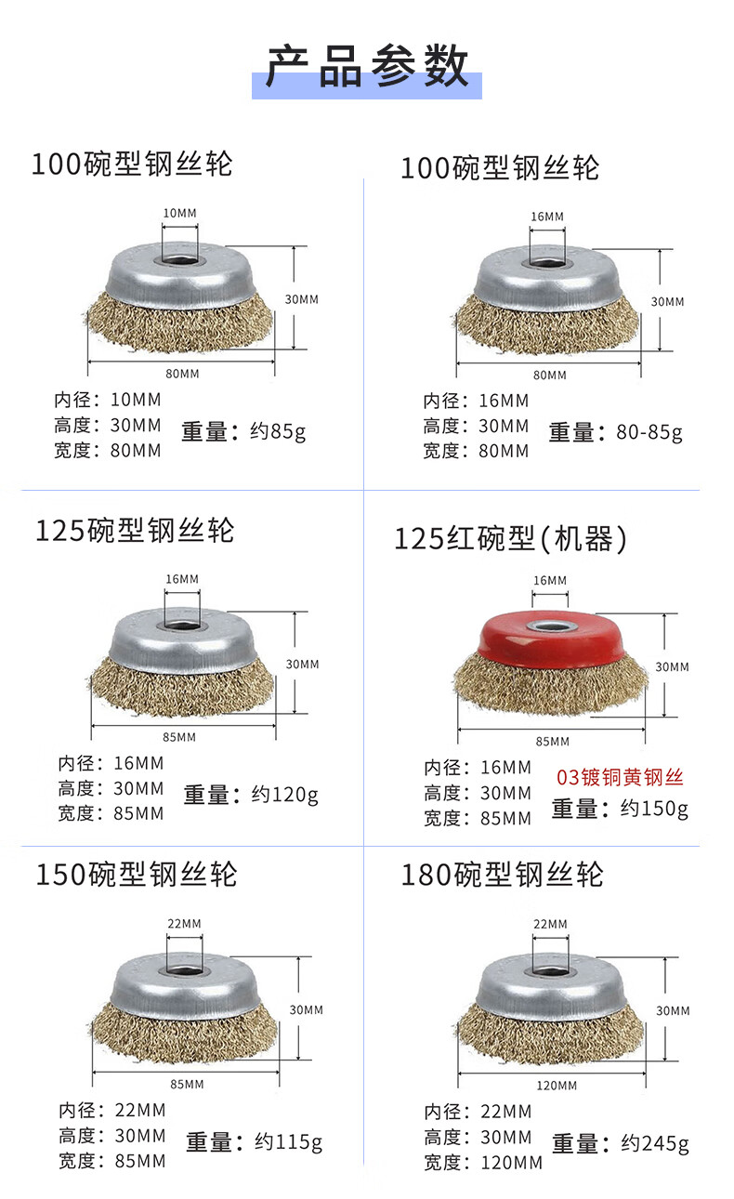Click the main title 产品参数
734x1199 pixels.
click(x=367, y=66)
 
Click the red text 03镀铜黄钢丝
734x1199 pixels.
click(x=620, y=777)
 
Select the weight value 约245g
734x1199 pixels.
click(x=655, y=1144)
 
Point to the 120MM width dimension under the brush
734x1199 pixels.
click(x=557, y=1086)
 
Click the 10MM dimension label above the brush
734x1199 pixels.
click(x=179, y=213)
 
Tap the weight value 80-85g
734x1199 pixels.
click(x=649, y=432)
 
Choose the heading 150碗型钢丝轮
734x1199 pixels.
click(x=137, y=875)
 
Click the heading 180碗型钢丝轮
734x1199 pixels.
click(x=502, y=875)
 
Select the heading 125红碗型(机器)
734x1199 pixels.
click(x=510, y=539)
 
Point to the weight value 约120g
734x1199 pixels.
click(x=284, y=795)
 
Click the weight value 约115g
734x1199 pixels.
click(x=288, y=1142)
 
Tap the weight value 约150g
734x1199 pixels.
click(x=654, y=809)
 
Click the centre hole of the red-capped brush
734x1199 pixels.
click(x=549, y=626)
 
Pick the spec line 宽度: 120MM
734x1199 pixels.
click(x=483, y=1163)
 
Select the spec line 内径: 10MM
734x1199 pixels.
click(x=107, y=400)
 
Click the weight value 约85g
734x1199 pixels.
click(x=278, y=431)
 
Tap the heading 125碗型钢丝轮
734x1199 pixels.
click(x=135, y=531)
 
